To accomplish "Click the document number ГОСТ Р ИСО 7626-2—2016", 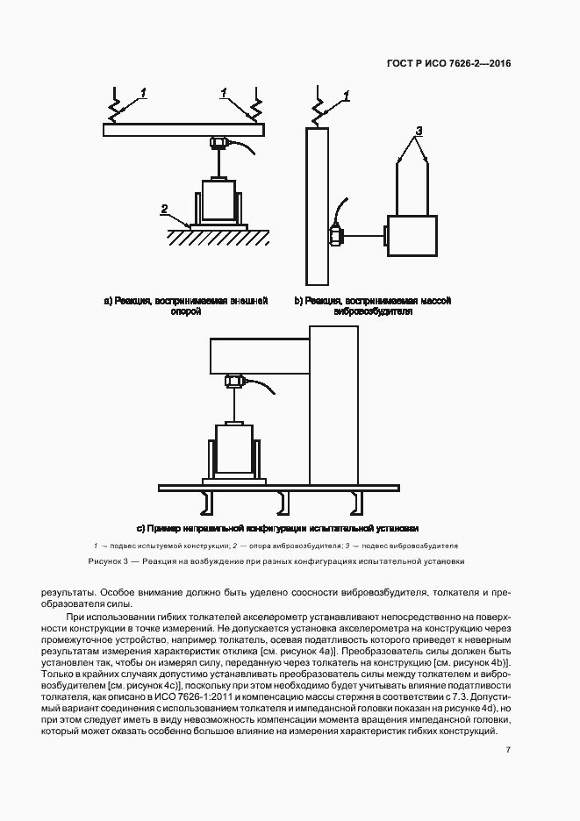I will [x=450, y=64].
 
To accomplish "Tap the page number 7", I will [x=509, y=749].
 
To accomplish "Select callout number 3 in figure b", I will [x=419, y=131].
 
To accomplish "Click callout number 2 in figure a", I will [x=164, y=209].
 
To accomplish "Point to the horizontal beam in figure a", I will [x=183, y=130].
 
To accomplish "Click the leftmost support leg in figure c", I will [x=208, y=502].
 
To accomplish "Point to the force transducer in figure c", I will [x=234, y=382].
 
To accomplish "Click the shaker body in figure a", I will [x=219, y=199].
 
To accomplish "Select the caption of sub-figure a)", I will [x=185, y=305].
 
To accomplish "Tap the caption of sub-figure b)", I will [x=373, y=305].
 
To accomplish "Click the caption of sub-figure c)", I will [x=278, y=528].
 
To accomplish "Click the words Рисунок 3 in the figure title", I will [x=109, y=560].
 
